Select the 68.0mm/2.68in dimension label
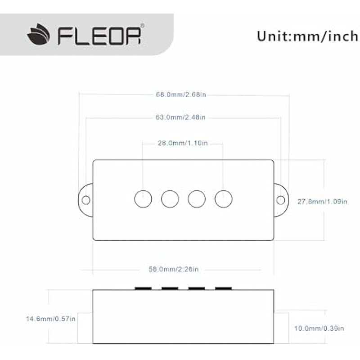pyautogui.click(x=184, y=95)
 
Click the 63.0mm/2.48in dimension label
pyautogui.click(x=184, y=118)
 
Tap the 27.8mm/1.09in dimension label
pyautogui.click(x=322, y=202)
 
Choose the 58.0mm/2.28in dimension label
pyautogui.click(x=174, y=269)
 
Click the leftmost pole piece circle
pyautogui.click(x=143, y=198)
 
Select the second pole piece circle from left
pyautogui.click(x=170, y=198)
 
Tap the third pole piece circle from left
pyautogui.click(x=197, y=198)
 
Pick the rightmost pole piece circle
pyautogui.click(x=223, y=198)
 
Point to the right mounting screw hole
pyautogui.click(x=280, y=199)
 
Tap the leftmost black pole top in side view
pyautogui.click(x=143, y=288)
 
